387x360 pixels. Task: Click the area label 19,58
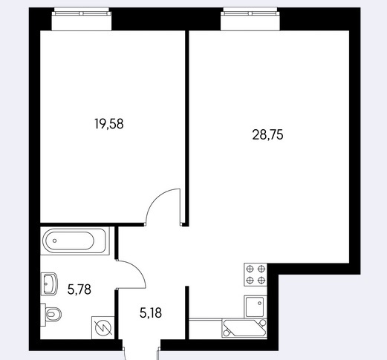(x=109, y=124)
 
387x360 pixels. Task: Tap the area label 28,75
(x=267, y=135)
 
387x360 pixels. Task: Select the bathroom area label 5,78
(x=79, y=289)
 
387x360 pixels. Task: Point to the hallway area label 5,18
(x=151, y=313)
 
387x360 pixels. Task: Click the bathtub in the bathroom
(x=75, y=240)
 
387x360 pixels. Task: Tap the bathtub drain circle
(x=54, y=240)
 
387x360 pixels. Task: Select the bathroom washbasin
(x=49, y=284)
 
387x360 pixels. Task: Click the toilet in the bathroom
(x=51, y=315)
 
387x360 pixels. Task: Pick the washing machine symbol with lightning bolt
(x=103, y=328)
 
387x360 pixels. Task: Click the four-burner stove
(x=256, y=275)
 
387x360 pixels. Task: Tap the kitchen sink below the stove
(x=255, y=307)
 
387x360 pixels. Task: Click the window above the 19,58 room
(x=82, y=19)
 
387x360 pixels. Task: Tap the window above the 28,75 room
(x=250, y=19)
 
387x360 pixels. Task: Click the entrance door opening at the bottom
(x=141, y=345)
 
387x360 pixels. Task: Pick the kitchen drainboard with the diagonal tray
(x=244, y=328)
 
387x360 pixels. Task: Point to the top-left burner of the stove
(x=250, y=269)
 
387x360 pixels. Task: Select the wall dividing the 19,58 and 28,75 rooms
(x=187, y=128)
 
